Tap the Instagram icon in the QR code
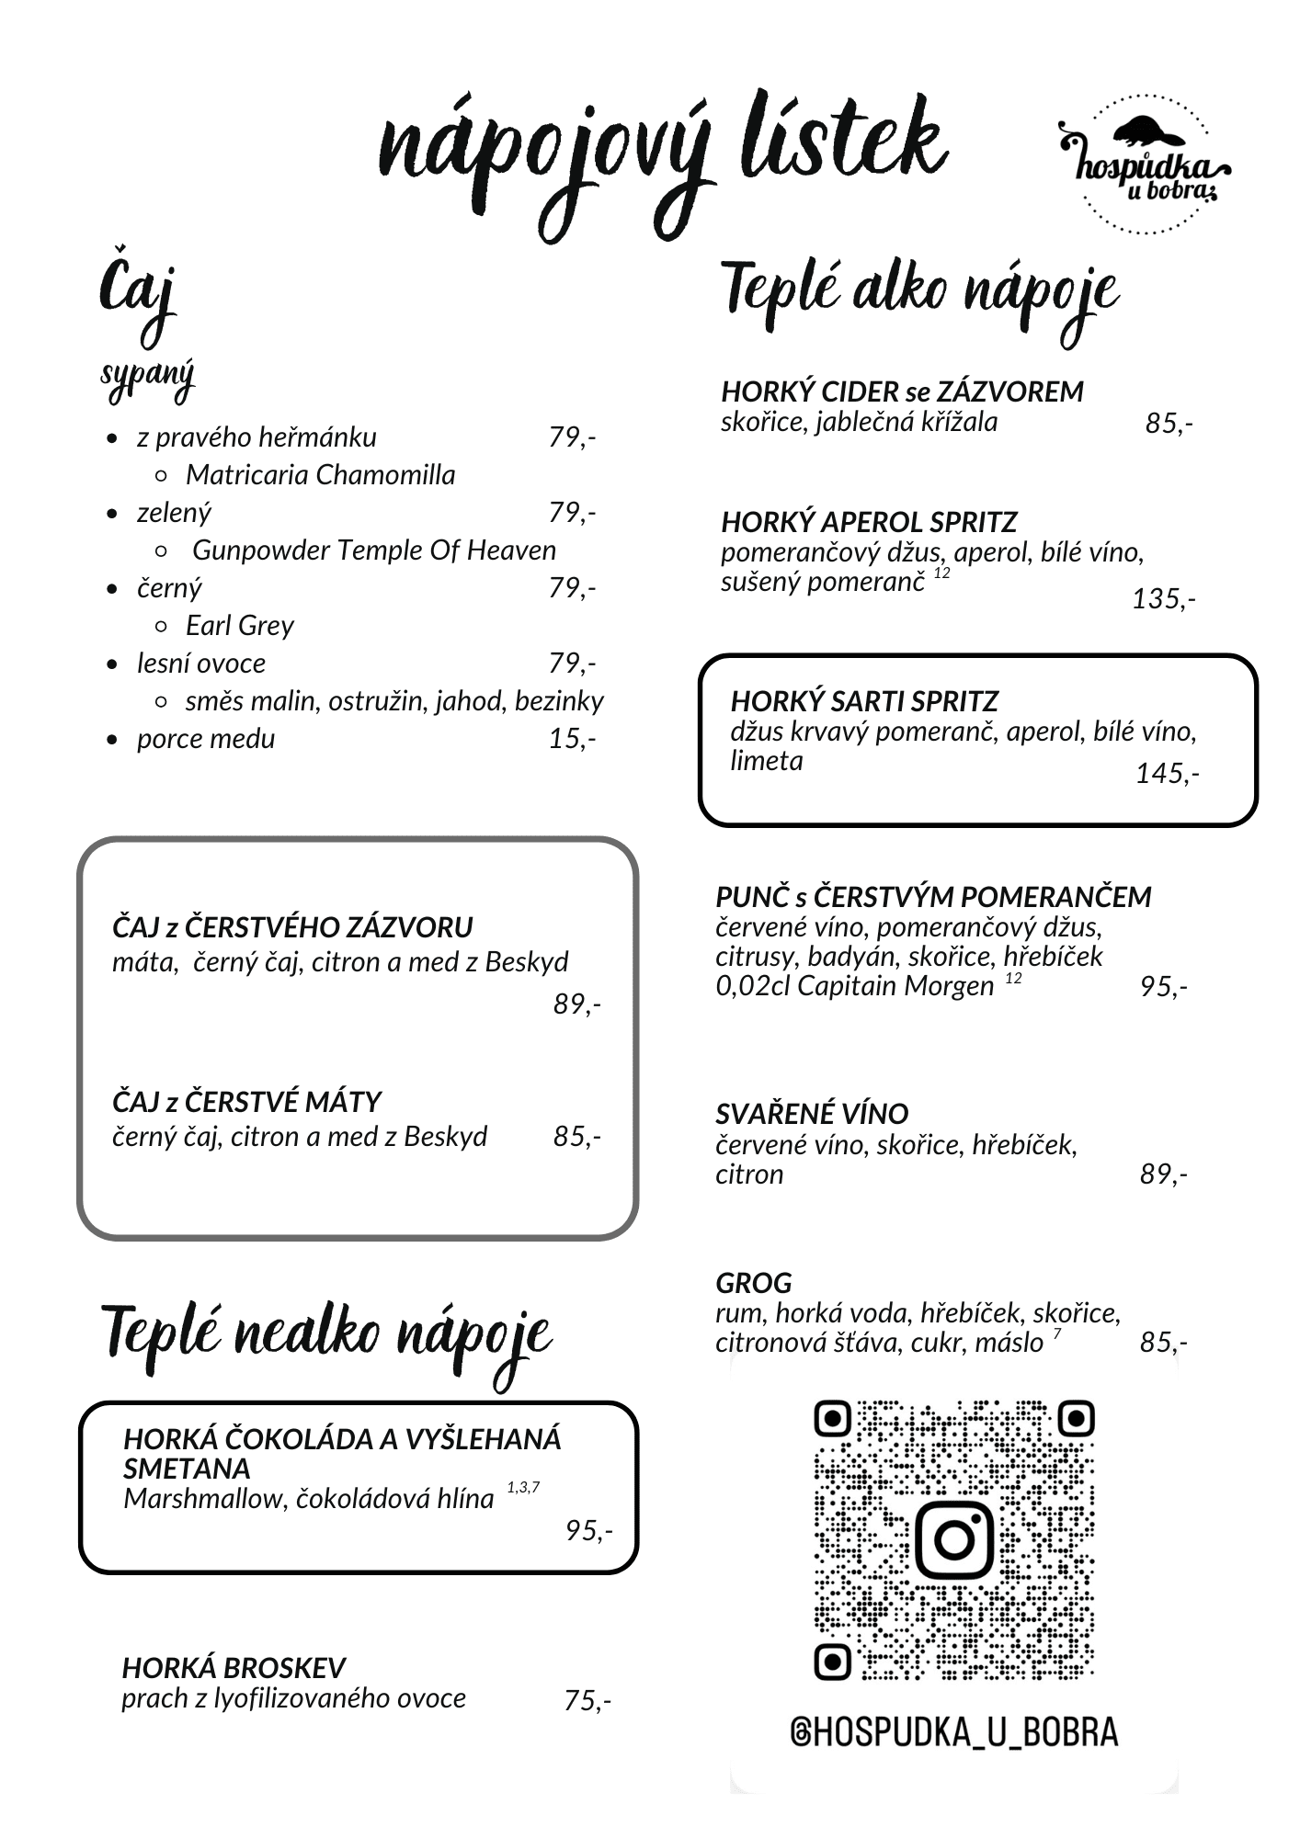[954, 1538]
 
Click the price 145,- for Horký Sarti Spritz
[1167, 774]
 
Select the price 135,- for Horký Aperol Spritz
[1163, 599]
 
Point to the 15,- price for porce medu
[572, 739]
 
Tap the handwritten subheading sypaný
[147, 377]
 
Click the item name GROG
[753, 1283]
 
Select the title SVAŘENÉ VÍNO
[811, 1114]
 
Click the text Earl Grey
[239, 626]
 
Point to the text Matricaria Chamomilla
[320, 475]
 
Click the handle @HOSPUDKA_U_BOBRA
[953, 1732]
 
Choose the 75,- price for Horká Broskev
[587, 1701]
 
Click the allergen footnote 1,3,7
[523, 1488]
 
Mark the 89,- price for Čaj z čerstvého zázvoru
[576, 1004]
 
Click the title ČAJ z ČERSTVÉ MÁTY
[246, 1102]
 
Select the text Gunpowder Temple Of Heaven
[373, 550]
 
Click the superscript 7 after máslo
[1057, 1333]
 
